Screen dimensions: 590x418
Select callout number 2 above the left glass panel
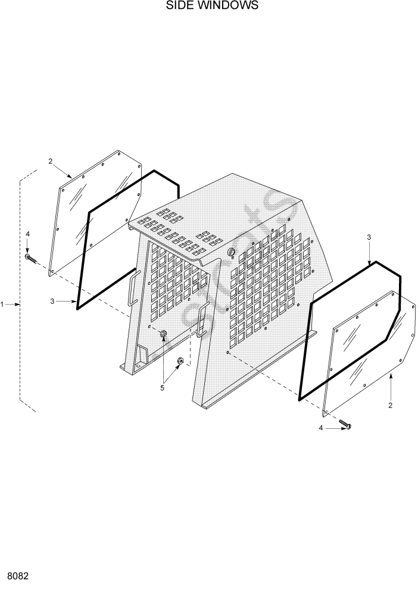(51, 161)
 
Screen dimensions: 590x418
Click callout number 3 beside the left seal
(52, 302)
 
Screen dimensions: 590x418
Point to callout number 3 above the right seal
(369, 237)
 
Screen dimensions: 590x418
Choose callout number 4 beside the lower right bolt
(322, 428)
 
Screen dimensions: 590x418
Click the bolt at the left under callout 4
(30, 258)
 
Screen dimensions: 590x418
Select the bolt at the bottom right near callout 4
(345, 425)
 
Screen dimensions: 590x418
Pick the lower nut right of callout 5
(181, 360)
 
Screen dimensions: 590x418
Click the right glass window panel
(369, 351)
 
